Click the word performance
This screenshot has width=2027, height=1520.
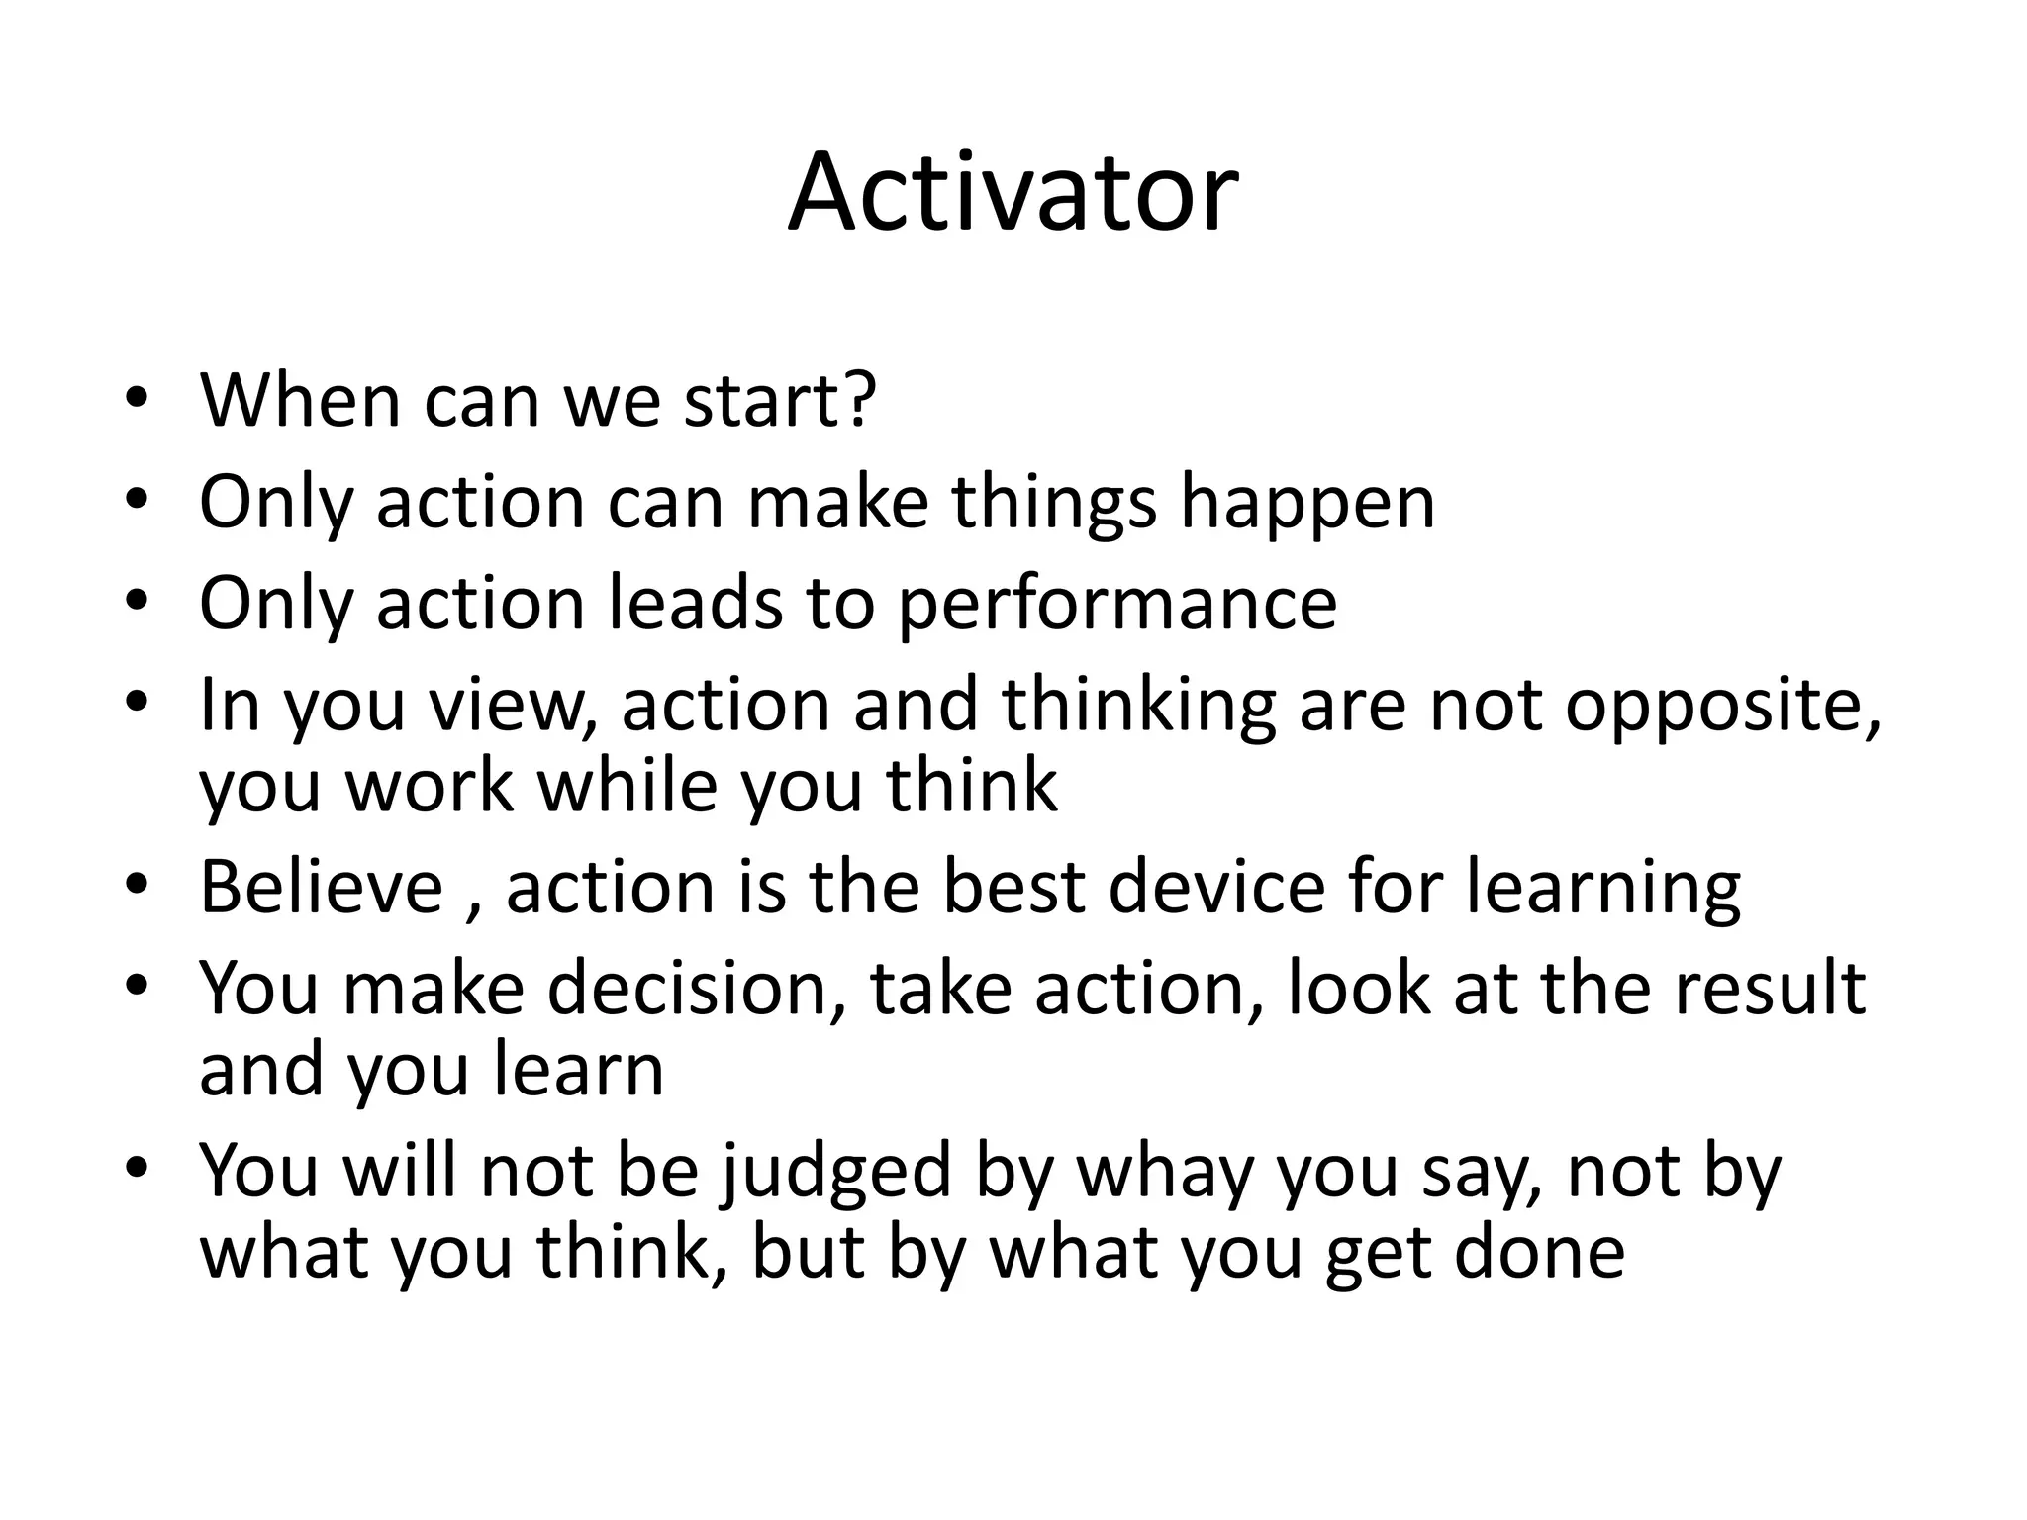point(1116,606)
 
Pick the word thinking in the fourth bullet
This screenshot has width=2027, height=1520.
point(1138,707)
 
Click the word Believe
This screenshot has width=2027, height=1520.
point(321,887)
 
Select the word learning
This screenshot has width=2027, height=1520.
point(1602,887)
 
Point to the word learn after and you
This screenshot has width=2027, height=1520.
point(578,1071)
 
